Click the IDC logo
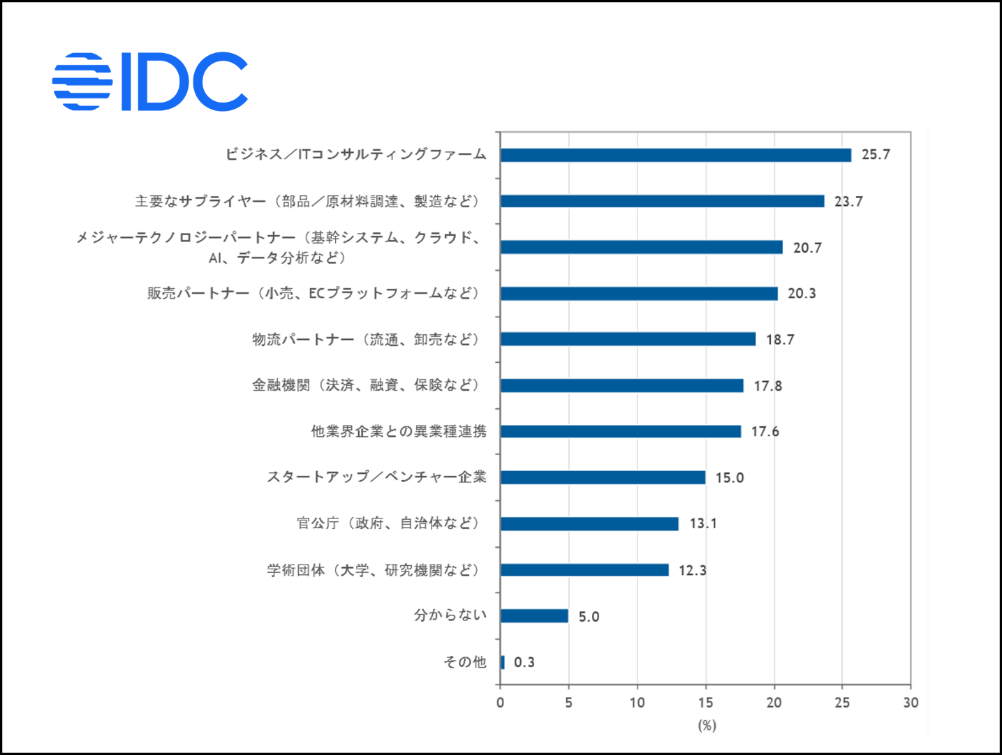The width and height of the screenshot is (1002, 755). point(150,82)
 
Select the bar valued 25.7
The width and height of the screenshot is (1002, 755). point(675,155)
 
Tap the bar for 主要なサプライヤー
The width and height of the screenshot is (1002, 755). point(662,201)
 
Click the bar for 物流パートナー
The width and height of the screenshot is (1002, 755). point(628,339)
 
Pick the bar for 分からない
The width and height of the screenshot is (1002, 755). point(534,615)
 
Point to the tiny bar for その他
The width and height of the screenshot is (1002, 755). point(502,662)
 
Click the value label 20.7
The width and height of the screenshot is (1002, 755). point(807,248)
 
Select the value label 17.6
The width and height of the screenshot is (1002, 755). point(765,432)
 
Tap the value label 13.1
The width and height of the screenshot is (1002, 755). point(702,524)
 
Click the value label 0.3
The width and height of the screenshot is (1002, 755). point(524,662)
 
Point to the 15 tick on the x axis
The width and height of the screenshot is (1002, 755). point(705,703)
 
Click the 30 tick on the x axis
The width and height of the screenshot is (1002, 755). point(911,703)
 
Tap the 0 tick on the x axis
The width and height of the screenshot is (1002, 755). point(500,703)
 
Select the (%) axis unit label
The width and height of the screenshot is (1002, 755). point(707,726)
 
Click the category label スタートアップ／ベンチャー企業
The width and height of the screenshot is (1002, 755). point(376,477)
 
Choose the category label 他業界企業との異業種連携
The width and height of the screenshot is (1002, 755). point(399,432)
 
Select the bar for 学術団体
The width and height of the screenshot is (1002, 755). point(584,570)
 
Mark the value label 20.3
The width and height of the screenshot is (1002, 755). point(802,294)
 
